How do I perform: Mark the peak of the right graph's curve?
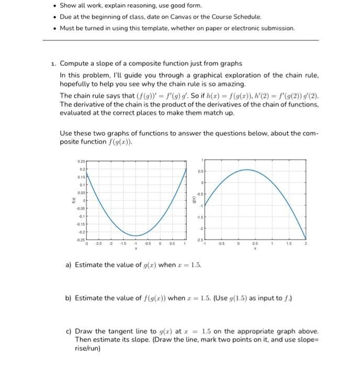(x=247, y=169)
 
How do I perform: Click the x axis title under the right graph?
(x=255, y=249)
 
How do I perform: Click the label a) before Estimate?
(x=69, y=265)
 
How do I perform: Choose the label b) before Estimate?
(x=69, y=298)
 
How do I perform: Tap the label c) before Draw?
(x=69, y=331)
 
